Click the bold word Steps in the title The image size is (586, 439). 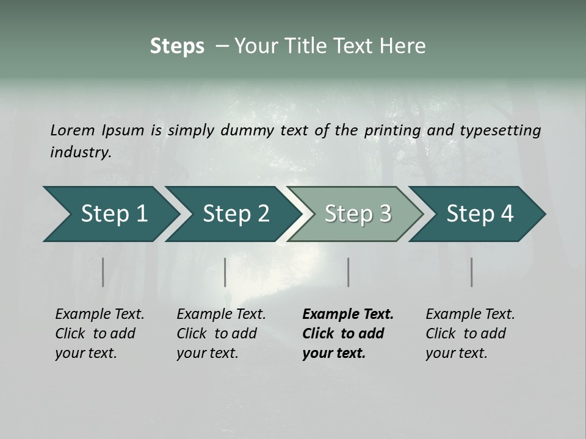tap(177, 46)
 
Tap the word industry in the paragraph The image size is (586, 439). tap(79, 152)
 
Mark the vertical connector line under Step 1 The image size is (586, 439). tap(103, 272)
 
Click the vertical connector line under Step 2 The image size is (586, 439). tap(225, 272)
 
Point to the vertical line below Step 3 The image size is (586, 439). tap(348, 272)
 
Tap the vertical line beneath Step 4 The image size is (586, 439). tap(472, 272)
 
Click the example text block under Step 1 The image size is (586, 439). tap(99, 334)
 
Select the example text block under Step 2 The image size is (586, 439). tap(221, 334)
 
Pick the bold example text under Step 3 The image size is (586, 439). tap(348, 334)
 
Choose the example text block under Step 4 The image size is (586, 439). tap(470, 334)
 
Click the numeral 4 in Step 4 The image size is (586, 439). tap(507, 214)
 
